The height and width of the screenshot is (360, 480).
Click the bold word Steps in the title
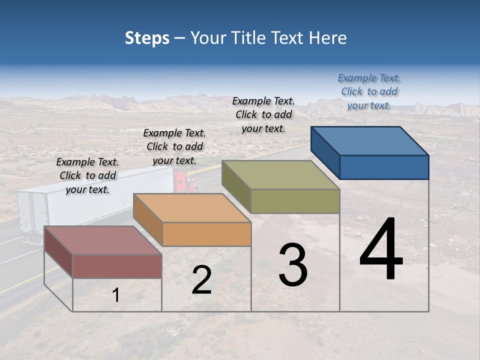(146, 38)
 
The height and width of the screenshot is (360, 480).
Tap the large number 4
(381, 249)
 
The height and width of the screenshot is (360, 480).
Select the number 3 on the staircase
(293, 265)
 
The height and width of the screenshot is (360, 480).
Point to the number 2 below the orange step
(201, 280)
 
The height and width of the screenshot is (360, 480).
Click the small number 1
(116, 295)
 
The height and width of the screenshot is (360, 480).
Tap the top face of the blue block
(370, 141)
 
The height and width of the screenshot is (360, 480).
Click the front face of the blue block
(384, 167)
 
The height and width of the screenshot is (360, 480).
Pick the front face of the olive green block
(295, 201)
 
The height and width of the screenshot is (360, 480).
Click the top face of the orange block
(192, 208)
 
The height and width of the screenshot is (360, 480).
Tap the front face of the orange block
(206, 234)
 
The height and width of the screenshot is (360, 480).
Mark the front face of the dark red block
(117, 266)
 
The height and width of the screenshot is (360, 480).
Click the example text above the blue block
(369, 91)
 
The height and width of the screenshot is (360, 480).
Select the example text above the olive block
(263, 114)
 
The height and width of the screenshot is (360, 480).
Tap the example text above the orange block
(174, 146)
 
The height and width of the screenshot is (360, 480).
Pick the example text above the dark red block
(87, 175)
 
